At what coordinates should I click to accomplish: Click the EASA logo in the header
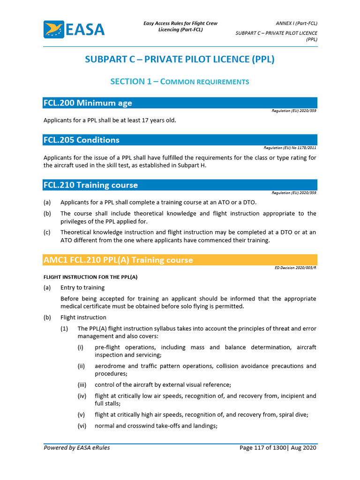coord(74,30)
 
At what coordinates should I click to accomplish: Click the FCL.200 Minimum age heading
coord(88,103)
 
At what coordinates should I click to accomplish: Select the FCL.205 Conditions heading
coord(82,140)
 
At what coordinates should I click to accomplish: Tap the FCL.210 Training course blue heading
coord(91,185)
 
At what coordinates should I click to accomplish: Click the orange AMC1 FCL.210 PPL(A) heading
coord(118,260)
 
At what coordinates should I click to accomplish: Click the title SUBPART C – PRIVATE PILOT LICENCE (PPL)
coord(180,60)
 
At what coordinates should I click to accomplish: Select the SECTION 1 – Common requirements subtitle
coord(180,82)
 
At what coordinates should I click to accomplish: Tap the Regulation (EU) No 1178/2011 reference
coord(291,148)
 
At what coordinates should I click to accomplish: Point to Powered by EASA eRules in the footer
coord(77,448)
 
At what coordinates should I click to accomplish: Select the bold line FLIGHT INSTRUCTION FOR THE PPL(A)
coord(90,277)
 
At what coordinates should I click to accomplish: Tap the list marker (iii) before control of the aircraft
coord(82,385)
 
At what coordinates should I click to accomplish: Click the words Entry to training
coord(82,287)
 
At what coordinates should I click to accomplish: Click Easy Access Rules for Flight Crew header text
coord(180,23)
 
